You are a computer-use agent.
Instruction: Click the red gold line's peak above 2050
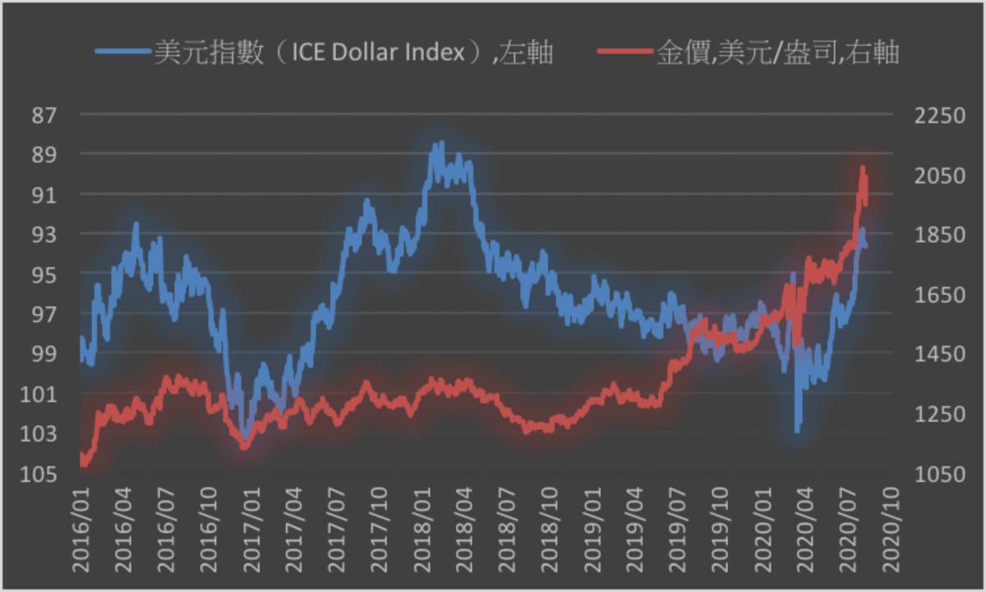coord(863,168)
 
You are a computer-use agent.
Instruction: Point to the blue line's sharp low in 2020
coord(797,429)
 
